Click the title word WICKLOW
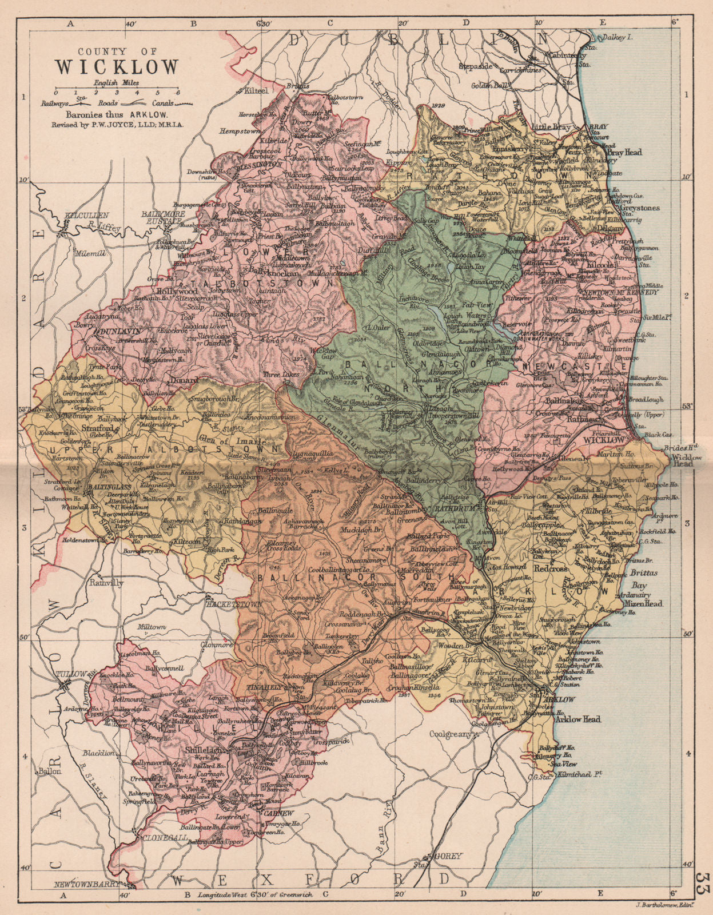[x=117, y=66]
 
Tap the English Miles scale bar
[x=117, y=92]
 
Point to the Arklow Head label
[x=577, y=719]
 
